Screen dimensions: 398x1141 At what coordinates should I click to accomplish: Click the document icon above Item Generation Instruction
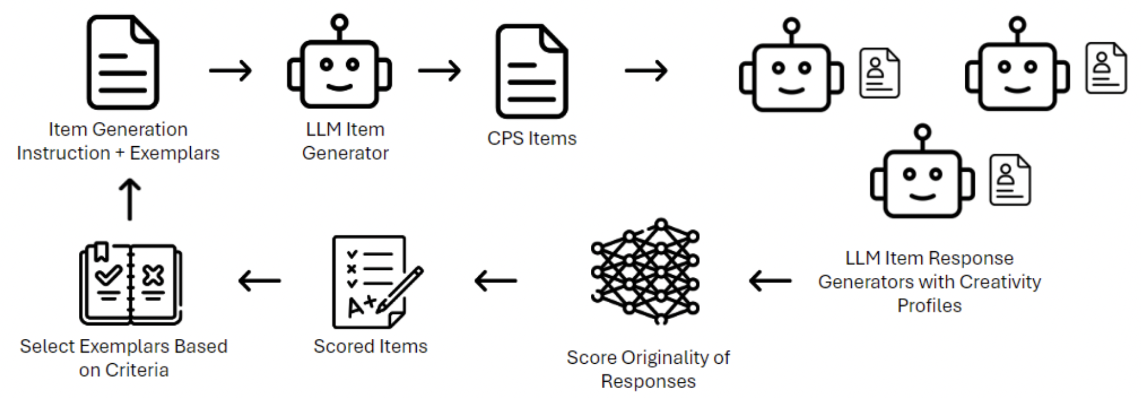(x=122, y=63)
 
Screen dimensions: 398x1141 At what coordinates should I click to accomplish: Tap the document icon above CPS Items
(x=531, y=71)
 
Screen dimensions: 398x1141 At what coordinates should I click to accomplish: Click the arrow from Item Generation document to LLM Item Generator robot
(x=230, y=71)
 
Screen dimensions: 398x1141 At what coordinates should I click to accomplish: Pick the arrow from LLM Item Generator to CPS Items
(x=439, y=71)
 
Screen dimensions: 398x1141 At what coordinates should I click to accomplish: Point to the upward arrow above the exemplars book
(x=130, y=199)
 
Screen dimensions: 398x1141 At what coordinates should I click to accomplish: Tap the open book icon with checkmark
(x=130, y=284)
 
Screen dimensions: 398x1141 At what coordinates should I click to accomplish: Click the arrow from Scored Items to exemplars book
(x=259, y=281)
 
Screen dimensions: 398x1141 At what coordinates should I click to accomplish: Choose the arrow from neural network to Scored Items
(x=495, y=281)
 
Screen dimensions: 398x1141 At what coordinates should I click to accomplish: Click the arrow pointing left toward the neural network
(x=770, y=281)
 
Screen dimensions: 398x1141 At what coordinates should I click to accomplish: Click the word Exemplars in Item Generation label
(x=175, y=153)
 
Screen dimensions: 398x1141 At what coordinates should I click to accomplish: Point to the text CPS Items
(x=532, y=139)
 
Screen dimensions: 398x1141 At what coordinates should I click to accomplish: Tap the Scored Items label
(x=370, y=346)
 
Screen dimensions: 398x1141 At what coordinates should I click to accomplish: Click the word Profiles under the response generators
(x=929, y=306)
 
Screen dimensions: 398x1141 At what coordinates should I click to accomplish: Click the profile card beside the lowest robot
(x=1009, y=179)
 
